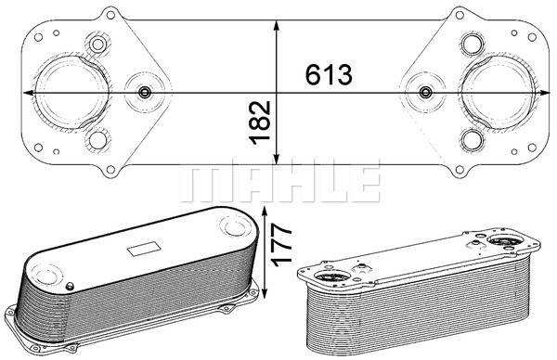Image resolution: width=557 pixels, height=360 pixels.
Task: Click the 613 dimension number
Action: [329, 75]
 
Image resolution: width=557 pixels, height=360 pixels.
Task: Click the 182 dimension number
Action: [260, 122]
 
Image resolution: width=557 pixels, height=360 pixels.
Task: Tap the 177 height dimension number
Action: [281, 245]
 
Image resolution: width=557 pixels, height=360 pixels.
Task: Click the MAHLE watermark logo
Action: [280, 180]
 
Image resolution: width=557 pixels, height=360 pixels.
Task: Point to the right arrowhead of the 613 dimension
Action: [545, 93]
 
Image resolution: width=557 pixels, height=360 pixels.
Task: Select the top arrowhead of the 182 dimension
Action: [277, 26]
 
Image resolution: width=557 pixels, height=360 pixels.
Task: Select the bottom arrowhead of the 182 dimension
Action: [277, 159]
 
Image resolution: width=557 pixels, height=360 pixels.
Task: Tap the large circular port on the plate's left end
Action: [71, 92]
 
